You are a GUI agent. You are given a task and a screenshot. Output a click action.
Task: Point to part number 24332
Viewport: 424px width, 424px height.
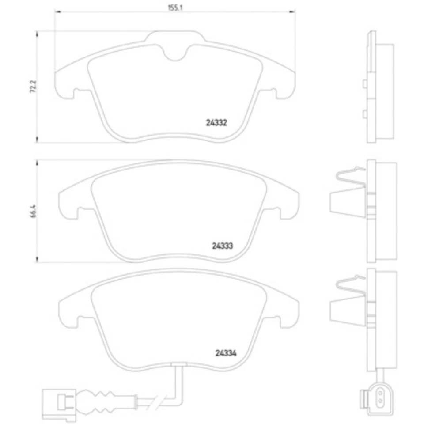pos(216,124)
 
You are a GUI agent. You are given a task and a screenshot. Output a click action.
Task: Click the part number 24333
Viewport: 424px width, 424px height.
pos(222,246)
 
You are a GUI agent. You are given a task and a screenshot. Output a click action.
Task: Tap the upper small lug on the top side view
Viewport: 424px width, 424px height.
pos(364,83)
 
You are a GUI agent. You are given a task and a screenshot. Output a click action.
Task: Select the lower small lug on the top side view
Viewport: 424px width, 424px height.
pos(364,114)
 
